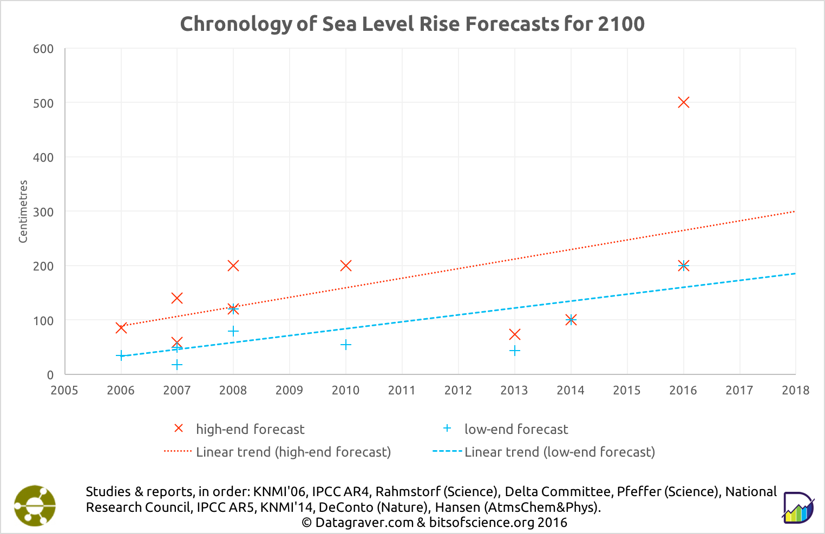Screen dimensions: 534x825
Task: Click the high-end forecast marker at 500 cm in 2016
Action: [x=683, y=102]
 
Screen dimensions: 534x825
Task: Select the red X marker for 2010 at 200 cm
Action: [x=345, y=266]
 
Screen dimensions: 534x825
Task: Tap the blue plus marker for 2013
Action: [x=514, y=351]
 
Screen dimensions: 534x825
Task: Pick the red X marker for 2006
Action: [x=121, y=328]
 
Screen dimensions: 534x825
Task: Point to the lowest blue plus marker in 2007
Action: [x=177, y=365]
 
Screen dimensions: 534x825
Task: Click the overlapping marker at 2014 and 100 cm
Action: [x=571, y=320]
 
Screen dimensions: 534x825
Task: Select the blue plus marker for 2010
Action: [x=345, y=345]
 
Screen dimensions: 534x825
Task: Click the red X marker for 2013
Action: [x=514, y=334]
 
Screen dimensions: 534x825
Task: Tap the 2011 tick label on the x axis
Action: [x=402, y=390]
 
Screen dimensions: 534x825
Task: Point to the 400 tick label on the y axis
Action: [x=43, y=157]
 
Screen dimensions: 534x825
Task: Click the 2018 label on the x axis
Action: [x=795, y=390]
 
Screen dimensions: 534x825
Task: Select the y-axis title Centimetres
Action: [x=23, y=212]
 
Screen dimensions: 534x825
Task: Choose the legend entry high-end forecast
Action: [x=250, y=429]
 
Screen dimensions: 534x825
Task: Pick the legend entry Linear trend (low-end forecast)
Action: [x=559, y=452]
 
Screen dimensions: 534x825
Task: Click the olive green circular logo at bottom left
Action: [x=35, y=505]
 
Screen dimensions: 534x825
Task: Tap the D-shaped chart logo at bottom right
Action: [x=798, y=507]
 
